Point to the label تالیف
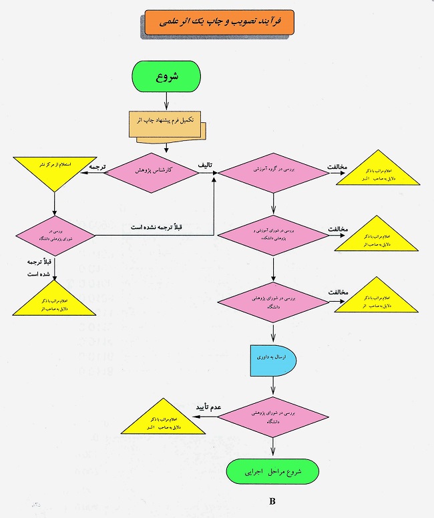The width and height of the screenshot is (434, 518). point(205,166)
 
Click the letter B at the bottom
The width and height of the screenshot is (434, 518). point(272,501)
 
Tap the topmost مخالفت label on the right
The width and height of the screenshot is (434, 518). point(338,166)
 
